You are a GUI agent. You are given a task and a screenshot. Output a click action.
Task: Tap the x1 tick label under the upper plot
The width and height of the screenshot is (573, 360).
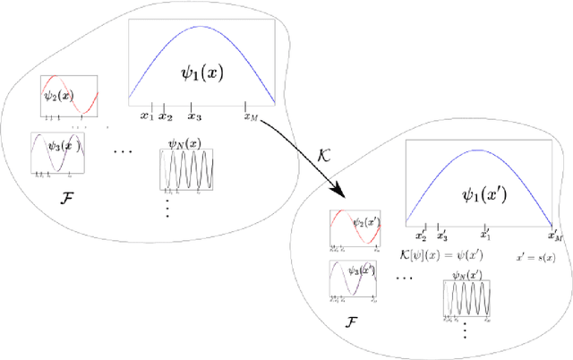147,116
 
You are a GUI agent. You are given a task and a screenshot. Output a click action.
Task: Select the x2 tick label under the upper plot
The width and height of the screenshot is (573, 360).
165,116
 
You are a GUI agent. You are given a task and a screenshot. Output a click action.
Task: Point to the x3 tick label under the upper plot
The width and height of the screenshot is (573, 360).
194,116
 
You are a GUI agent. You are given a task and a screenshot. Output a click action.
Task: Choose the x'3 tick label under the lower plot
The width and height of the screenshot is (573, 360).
441,236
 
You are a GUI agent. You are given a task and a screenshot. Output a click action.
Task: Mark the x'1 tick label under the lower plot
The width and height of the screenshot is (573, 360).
484,235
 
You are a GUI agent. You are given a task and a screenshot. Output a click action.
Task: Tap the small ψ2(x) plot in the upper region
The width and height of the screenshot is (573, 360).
67,97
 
